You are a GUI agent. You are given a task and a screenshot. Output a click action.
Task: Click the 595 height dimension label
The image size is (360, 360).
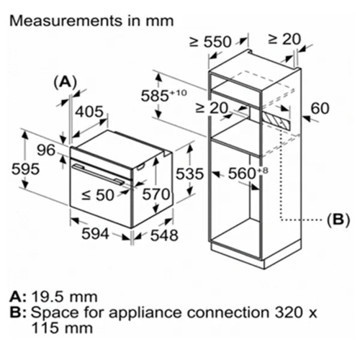25,169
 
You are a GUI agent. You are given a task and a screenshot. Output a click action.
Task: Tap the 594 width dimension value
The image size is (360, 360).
95,233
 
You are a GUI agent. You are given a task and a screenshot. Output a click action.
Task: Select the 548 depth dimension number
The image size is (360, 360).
164,235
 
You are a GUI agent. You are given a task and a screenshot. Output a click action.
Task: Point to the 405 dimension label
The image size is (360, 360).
89,112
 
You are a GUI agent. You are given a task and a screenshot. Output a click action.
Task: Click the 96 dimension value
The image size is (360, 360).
46,150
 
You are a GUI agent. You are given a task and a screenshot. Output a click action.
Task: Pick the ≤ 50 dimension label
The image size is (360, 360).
98,194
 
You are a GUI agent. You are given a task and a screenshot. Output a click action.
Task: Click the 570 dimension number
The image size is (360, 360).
156,194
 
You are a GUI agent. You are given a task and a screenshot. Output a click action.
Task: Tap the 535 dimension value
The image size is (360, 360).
189,174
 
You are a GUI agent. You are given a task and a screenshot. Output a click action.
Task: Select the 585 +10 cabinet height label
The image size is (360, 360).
163,96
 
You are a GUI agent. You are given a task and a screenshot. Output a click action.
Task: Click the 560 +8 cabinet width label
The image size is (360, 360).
248,173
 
